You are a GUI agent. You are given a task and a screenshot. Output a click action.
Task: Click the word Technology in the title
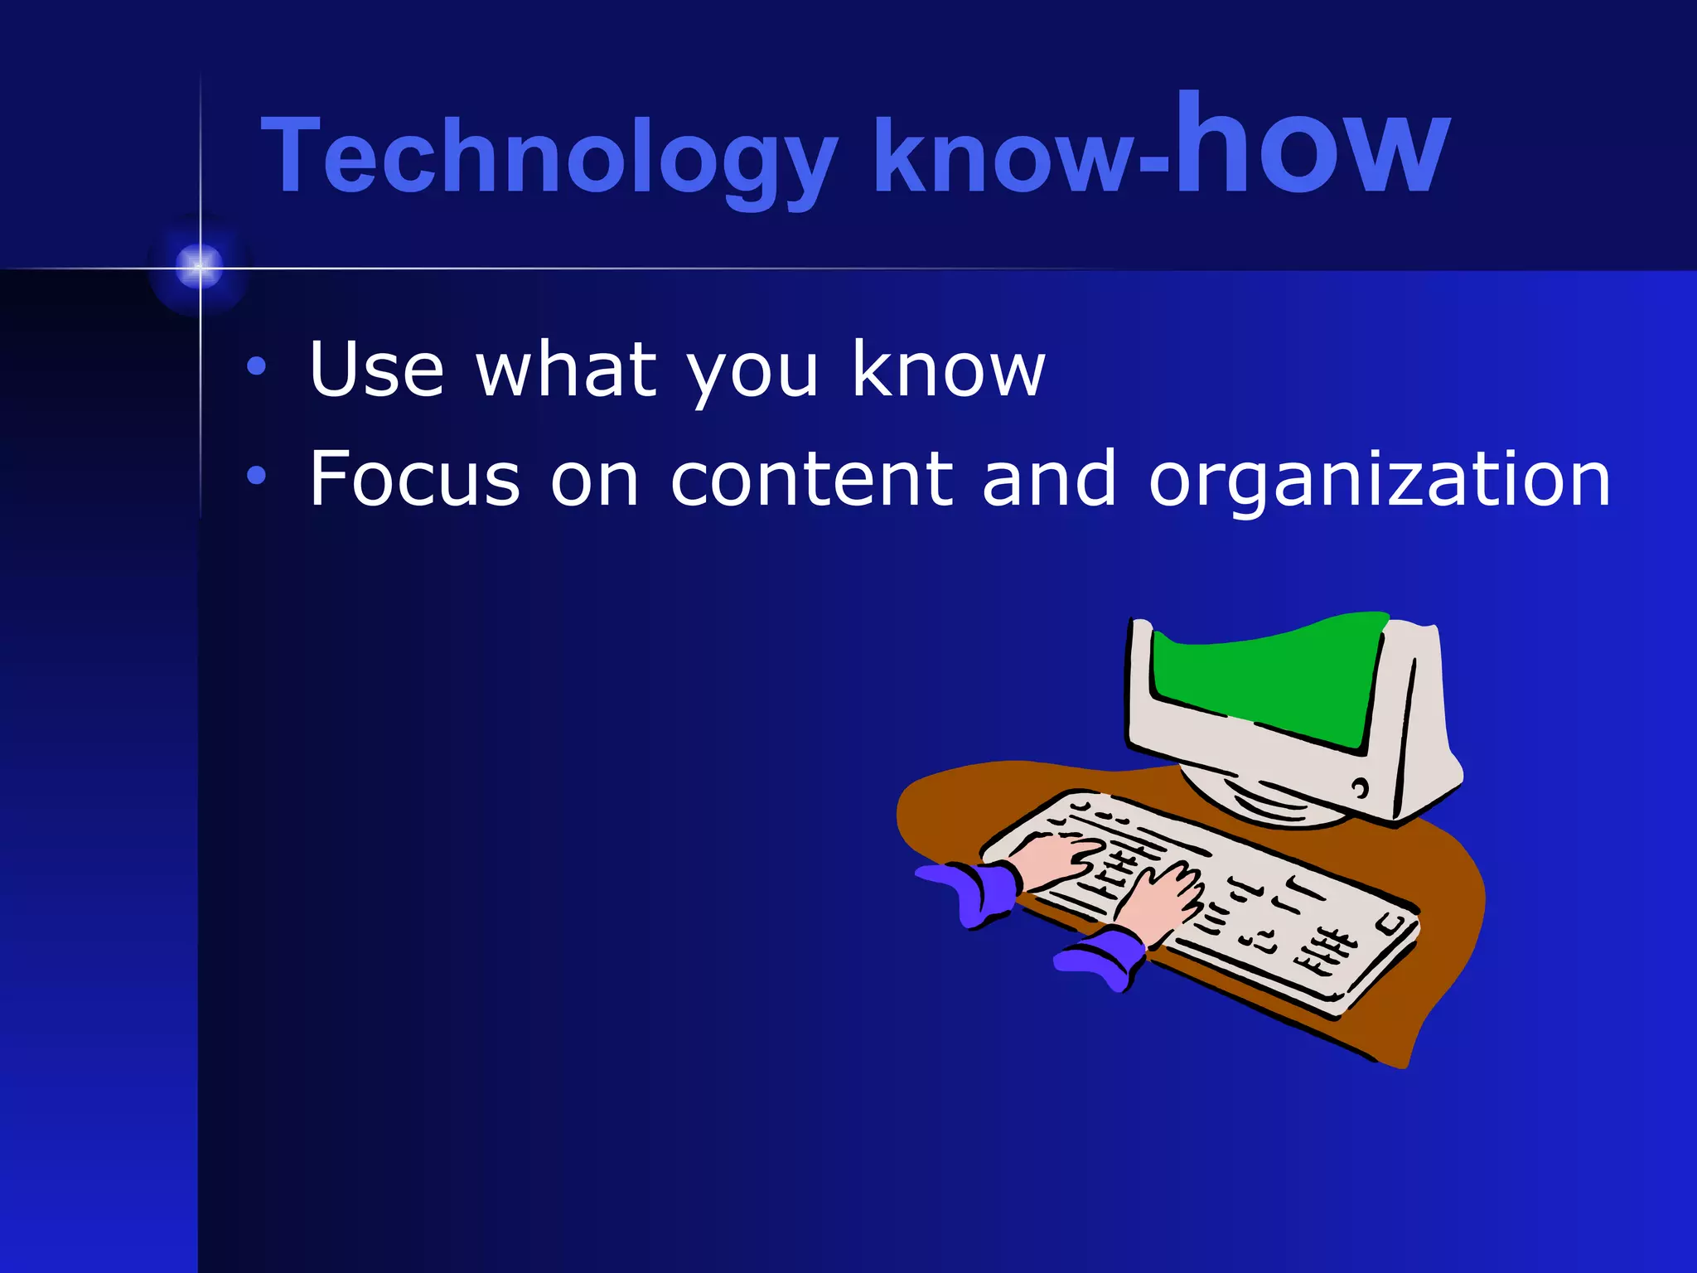[547, 157]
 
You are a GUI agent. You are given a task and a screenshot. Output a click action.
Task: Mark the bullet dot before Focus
[257, 475]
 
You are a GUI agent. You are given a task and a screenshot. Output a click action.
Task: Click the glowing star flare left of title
[200, 267]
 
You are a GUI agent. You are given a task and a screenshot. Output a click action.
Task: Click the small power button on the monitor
[1360, 787]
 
